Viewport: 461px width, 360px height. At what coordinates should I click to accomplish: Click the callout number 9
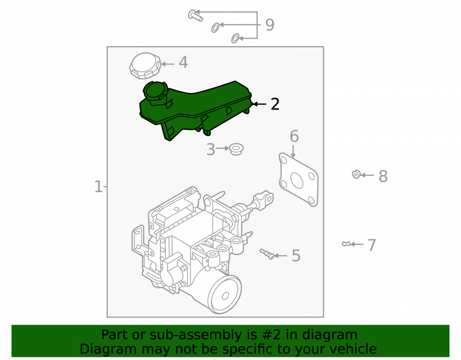pos(270,25)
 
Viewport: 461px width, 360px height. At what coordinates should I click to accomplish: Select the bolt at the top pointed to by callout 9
pos(195,15)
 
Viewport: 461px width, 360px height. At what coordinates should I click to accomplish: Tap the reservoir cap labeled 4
pos(145,65)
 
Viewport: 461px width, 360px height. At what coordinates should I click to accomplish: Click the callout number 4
pos(183,62)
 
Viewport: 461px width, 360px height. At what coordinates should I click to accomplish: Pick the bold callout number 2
pos(275,104)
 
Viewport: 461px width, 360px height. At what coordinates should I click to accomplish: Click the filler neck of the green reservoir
pos(155,92)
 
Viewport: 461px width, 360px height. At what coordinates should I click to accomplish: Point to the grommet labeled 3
pos(236,149)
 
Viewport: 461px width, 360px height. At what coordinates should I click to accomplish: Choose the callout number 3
pos(211,149)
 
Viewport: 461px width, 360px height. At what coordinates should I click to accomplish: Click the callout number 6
pos(294,136)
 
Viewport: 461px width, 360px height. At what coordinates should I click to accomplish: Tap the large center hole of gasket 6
pos(296,180)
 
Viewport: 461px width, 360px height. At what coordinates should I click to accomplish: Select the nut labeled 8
pos(356,174)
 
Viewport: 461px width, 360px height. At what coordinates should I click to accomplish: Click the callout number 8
pos(383,177)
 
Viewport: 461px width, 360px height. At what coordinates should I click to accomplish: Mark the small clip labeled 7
pos(346,244)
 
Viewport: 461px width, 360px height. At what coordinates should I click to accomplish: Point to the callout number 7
pos(372,245)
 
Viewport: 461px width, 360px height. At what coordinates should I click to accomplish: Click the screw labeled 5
pos(266,254)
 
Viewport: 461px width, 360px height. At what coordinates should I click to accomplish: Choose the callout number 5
pos(296,256)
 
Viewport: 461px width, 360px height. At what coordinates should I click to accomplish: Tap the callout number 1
pos(98,187)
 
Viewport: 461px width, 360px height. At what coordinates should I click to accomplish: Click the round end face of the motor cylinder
pos(225,295)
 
